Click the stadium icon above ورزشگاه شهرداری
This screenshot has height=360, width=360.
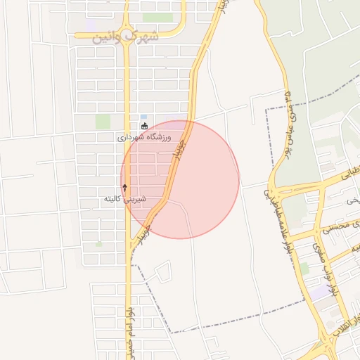[145, 127]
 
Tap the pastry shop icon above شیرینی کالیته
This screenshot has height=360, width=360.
[125, 188]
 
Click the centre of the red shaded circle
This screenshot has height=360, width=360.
[180, 179]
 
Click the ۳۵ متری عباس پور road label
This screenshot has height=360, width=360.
[288, 120]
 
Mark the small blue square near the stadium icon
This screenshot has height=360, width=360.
[144, 117]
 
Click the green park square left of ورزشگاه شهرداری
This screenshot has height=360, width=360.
[103, 122]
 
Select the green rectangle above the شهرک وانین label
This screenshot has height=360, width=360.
[157, 17]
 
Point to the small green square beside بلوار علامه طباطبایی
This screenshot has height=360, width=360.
[304, 268]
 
